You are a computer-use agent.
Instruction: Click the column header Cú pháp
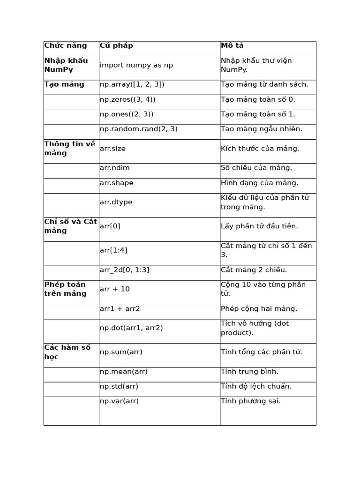(116, 45)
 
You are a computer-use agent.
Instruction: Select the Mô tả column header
(232, 45)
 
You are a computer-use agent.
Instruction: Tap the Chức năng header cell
(66, 45)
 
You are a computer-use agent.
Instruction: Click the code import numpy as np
(136, 65)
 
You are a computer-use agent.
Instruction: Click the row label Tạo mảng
(64, 84)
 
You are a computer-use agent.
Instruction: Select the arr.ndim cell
(115, 168)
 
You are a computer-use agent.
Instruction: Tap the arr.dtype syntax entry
(116, 202)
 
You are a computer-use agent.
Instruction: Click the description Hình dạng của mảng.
(259, 183)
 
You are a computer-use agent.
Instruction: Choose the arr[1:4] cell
(113, 250)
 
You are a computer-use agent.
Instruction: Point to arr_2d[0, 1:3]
(125, 270)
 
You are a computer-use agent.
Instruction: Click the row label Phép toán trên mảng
(65, 289)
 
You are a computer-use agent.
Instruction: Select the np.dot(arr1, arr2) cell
(131, 328)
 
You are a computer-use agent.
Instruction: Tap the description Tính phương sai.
(251, 401)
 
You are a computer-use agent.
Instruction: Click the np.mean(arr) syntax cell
(124, 372)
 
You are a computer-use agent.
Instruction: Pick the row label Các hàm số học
(67, 352)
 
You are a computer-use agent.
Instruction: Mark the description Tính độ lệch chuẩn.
(256, 386)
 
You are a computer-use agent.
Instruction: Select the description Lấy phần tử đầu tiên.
(259, 226)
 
